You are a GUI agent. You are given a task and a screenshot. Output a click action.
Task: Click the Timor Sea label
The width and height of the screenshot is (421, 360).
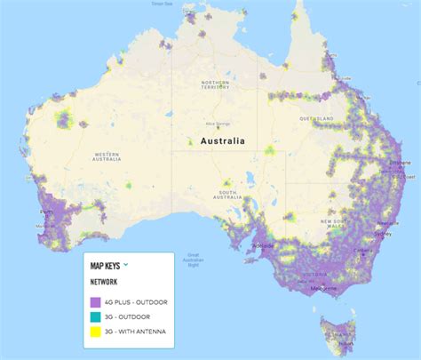(186, 4)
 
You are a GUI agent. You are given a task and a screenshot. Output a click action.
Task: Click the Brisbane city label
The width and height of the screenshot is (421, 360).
(401, 164)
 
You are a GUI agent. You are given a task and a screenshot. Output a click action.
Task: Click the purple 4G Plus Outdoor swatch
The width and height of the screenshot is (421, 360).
(96, 302)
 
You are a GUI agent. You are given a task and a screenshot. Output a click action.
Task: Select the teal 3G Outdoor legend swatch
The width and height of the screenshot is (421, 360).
(96, 316)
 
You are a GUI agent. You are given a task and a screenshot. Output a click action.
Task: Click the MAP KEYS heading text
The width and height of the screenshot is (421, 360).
(105, 265)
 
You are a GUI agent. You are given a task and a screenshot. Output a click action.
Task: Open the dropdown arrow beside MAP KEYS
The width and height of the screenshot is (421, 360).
(126, 264)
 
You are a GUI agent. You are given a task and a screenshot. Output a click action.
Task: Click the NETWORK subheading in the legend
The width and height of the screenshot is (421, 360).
(105, 283)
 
